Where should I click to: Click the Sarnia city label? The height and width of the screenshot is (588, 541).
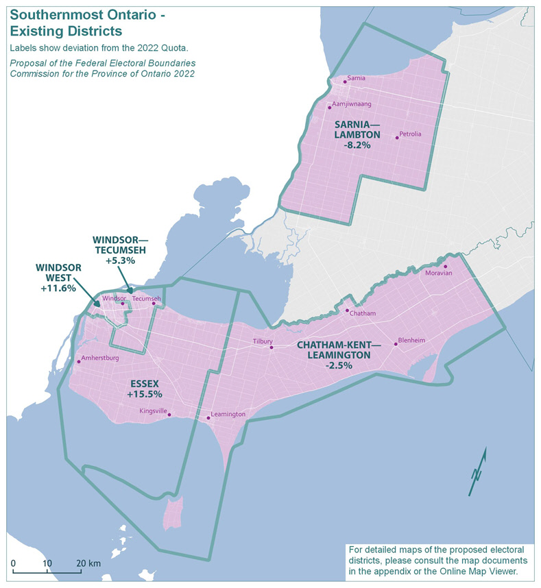point(357,79)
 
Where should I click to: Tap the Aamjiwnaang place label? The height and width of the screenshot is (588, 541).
point(352,105)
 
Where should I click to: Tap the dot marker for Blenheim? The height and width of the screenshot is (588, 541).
point(396,344)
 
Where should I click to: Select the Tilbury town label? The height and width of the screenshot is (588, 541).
point(263,341)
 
